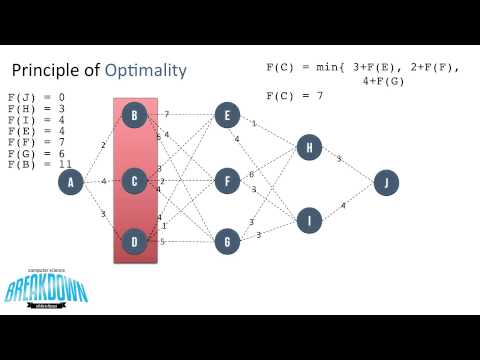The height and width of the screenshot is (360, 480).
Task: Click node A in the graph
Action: click(71, 182)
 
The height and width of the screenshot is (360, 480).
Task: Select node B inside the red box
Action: click(135, 116)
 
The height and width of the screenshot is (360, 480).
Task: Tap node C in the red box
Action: click(135, 181)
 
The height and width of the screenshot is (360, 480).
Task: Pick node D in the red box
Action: click(135, 241)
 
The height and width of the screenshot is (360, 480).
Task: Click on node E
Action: click(228, 116)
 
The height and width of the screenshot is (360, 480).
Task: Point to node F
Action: click(228, 181)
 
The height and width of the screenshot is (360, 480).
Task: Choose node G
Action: click(228, 241)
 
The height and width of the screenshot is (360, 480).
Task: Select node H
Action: click(309, 149)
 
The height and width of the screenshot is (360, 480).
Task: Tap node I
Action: click(309, 219)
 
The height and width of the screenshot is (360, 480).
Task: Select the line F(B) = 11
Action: click(38, 163)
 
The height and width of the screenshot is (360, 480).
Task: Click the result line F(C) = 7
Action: click(297, 95)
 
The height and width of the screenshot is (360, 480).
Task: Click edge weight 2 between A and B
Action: click(103, 145)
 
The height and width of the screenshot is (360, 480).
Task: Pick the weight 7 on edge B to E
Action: click(166, 114)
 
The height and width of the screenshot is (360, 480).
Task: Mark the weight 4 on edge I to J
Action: click(343, 206)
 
